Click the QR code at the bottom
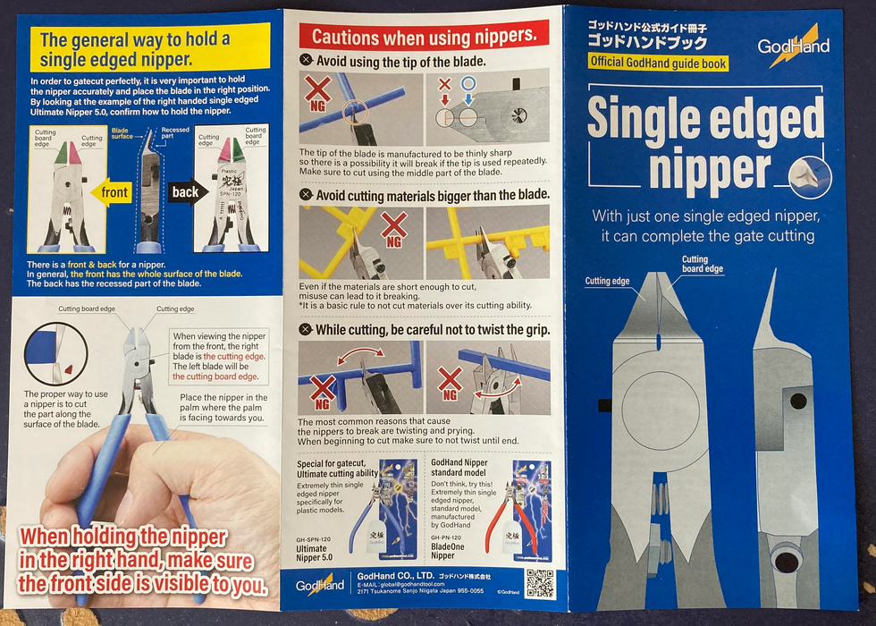click(540, 583)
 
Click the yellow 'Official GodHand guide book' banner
click(658, 63)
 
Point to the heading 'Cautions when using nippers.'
click(424, 37)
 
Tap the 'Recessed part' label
click(175, 135)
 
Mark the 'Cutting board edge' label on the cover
click(702, 265)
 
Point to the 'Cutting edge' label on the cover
click(608, 281)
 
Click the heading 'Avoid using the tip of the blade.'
click(399, 61)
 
